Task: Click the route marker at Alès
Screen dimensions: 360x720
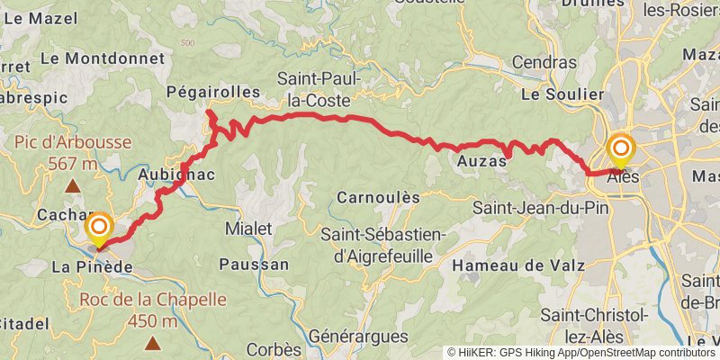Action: [622, 150]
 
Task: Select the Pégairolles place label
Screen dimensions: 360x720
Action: [213, 92]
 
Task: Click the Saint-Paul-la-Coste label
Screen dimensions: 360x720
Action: [319, 89]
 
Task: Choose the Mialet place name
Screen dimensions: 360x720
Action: [247, 229]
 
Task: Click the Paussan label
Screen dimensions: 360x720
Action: [254, 265]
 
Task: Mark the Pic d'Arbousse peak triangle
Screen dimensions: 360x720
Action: [72, 186]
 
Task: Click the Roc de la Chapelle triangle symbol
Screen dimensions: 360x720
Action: [153, 342]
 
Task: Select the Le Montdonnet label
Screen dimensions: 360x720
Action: [103, 58]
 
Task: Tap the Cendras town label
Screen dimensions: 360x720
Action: [544, 63]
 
